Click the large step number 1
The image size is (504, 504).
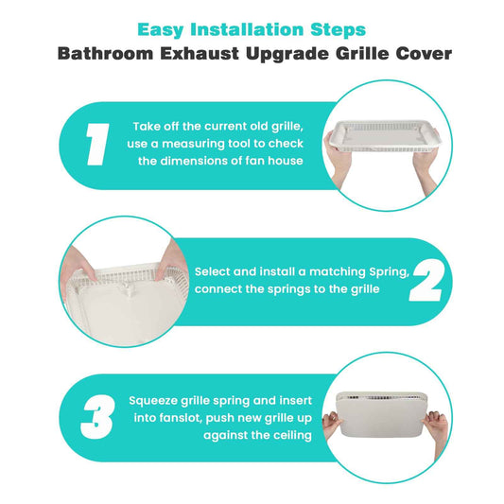tap(97, 145)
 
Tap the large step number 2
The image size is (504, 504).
tap(426, 281)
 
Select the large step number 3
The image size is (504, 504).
tap(97, 417)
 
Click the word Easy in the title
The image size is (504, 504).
tap(161, 30)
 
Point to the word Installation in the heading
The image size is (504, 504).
tap(247, 29)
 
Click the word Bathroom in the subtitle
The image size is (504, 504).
tap(105, 53)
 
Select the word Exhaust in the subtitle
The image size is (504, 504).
tap(200, 53)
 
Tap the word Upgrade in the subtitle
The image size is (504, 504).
tap(287, 54)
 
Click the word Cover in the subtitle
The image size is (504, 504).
tap(424, 53)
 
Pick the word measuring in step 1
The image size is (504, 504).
tap(194, 144)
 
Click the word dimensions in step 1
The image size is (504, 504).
tap(193, 161)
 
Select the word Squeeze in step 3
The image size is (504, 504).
tap(153, 401)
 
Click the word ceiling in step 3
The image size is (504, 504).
tap(293, 436)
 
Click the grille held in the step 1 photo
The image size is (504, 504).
tap(383, 136)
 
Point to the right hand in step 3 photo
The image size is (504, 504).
tap(437, 427)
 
